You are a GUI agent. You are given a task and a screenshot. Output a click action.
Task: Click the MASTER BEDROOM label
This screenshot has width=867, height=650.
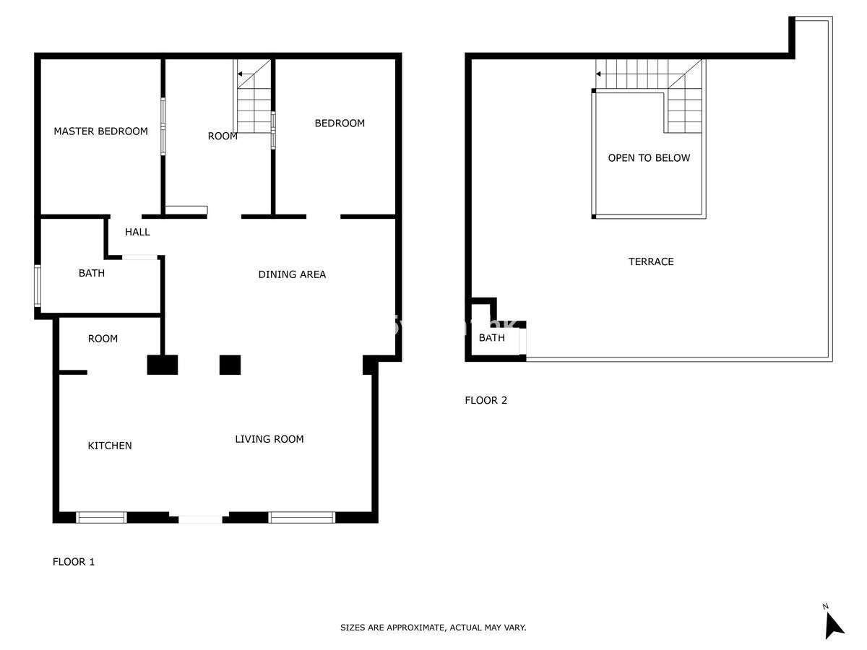coord(100,131)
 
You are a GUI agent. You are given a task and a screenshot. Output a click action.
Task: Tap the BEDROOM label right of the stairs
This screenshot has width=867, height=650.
coord(340,123)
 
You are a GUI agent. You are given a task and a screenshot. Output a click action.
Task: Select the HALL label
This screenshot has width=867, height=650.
coord(137,232)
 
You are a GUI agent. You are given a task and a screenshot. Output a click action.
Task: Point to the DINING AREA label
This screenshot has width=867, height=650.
coord(292,274)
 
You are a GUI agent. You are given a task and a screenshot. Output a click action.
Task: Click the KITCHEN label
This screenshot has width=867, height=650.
coord(110,446)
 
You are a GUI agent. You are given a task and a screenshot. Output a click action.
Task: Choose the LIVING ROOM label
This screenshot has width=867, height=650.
coord(269,439)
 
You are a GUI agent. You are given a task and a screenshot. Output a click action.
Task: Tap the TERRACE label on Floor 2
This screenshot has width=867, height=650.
coord(651,261)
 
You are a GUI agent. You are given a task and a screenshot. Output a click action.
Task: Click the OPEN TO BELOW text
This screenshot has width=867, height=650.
coord(649,158)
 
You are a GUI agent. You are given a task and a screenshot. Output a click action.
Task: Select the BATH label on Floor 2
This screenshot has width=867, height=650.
coord(492,337)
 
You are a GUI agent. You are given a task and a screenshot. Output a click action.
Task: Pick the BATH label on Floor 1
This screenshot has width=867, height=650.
coord(92,273)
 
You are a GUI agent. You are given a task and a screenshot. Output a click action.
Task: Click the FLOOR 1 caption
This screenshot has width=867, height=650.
coord(74,562)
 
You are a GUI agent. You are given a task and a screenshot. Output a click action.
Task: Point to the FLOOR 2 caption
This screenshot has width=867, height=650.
coord(486,400)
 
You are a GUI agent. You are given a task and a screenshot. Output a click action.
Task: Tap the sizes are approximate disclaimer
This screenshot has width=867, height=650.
coord(433,628)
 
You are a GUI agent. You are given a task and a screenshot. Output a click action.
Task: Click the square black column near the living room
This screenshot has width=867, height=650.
coord(230,365)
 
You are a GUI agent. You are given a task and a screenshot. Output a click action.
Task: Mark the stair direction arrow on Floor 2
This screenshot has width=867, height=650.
coord(604,74)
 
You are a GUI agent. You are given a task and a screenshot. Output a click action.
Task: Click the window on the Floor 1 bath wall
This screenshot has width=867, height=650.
coord(38,286)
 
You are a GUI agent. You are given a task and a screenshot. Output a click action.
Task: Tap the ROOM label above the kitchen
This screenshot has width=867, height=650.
coord(103,339)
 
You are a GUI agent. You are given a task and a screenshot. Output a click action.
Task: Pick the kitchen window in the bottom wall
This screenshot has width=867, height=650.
coord(102,517)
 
